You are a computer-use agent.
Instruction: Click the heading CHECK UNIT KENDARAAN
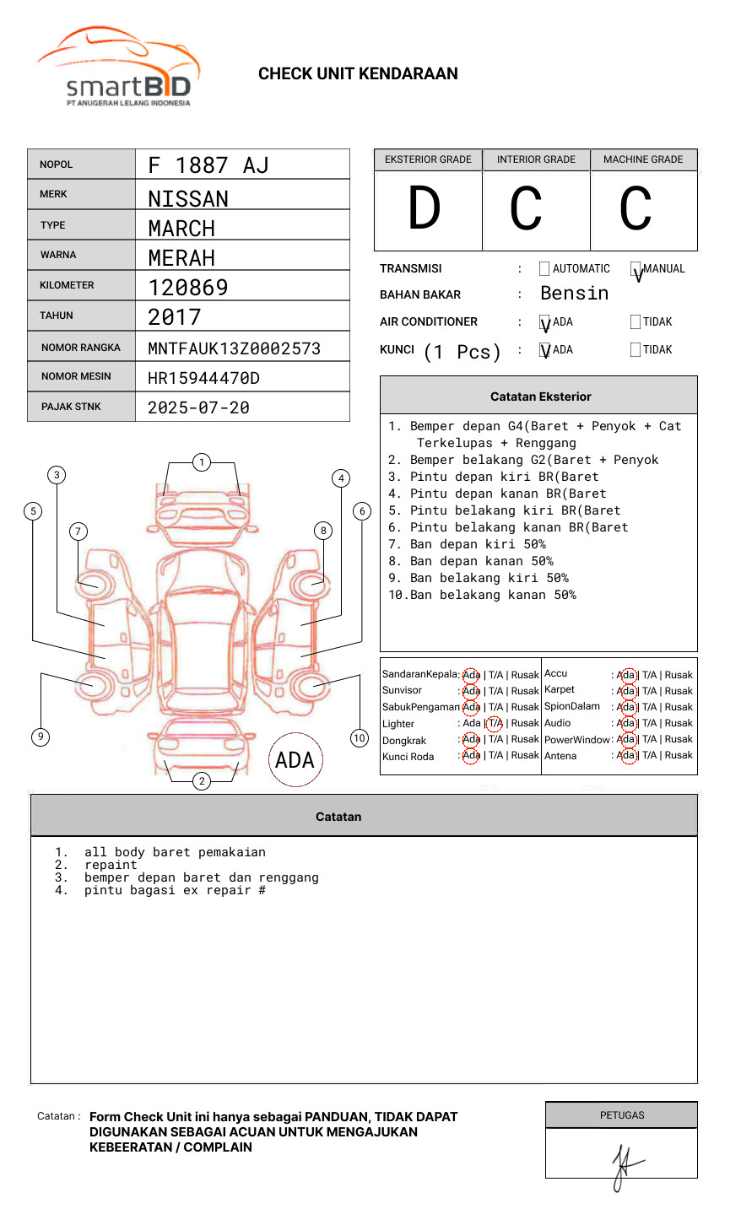358,74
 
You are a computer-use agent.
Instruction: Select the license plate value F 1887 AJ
208,165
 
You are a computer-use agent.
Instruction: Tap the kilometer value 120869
188,288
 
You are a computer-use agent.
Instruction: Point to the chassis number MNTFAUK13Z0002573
234,348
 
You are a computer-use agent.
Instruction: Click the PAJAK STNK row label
71,407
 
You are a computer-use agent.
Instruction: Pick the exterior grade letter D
425,209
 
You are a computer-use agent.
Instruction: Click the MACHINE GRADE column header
643,159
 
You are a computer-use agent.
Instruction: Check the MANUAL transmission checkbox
636,269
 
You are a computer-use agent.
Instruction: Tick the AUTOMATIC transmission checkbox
544,269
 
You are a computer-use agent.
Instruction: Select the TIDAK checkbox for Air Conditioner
636,322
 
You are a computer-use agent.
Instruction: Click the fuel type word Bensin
574,294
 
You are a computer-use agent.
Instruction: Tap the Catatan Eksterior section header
540,397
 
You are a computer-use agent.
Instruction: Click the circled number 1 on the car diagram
201,462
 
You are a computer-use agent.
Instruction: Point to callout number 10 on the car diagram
360,738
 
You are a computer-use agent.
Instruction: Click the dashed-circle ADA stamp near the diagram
295,760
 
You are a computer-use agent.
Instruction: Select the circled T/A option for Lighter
495,723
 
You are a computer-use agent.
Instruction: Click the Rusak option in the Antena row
679,756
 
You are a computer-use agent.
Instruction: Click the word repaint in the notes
111,866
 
